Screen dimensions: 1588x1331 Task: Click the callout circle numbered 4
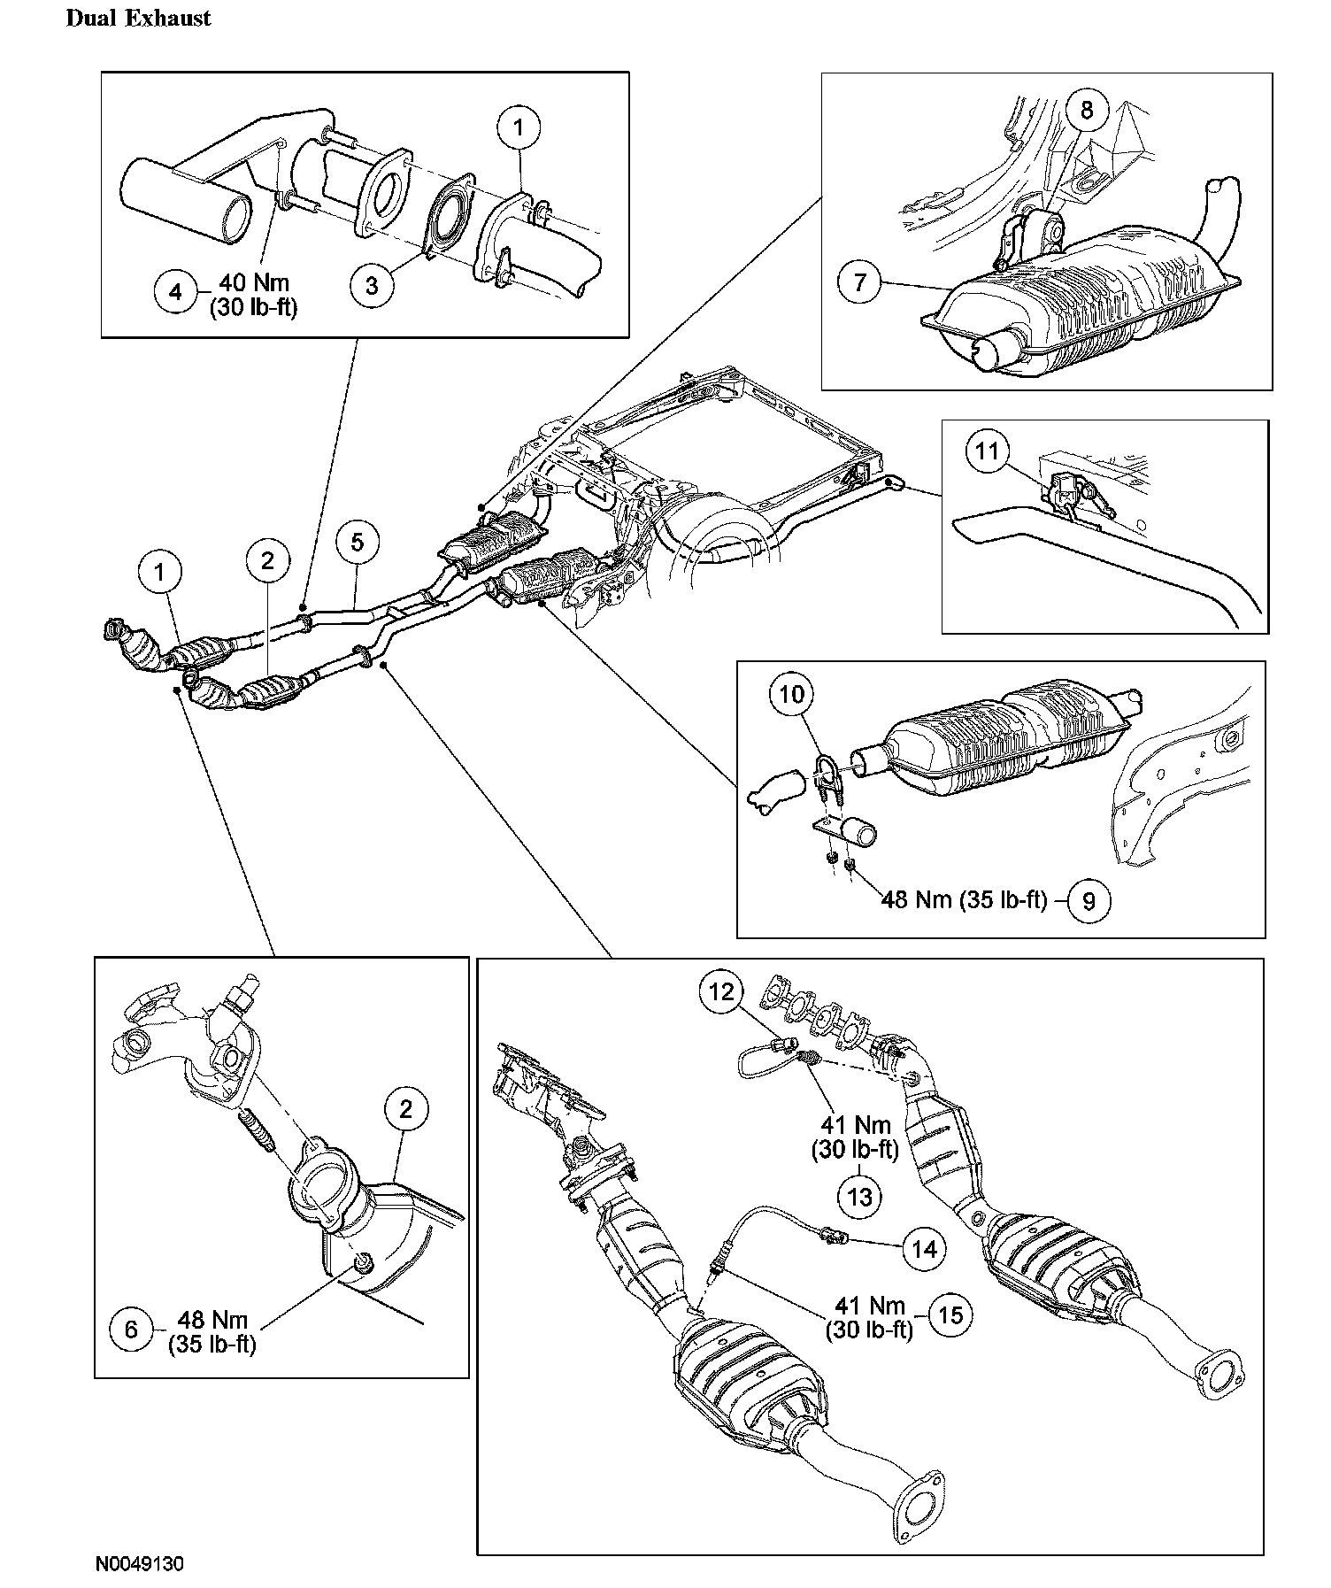click(176, 291)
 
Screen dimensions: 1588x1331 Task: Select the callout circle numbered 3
click(372, 285)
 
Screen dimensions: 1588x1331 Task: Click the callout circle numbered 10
click(791, 695)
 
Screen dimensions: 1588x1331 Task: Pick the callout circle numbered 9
click(1089, 901)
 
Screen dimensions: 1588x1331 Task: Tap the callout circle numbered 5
click(357, 542)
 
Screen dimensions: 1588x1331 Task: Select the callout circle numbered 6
click(132, 1330)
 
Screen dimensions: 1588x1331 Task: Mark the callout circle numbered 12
click(722, 992)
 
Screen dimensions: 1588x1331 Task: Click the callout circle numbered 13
click(859, 1197)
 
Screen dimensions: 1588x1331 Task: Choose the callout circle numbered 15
click(950, 1315)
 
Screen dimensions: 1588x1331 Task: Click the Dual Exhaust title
click(139, 19)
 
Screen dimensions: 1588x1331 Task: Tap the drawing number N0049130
click(140, 1563)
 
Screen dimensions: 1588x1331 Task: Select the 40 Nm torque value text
click(254, 283)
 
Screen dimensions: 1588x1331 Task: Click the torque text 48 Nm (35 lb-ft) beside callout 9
click(964, 901)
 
